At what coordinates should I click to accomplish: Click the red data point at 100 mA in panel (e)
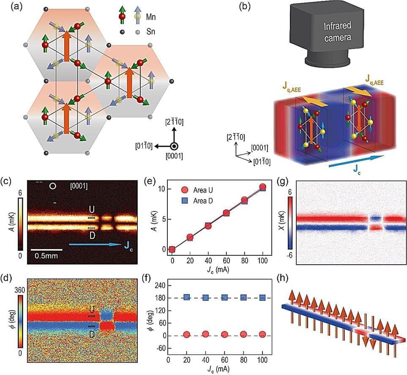262,187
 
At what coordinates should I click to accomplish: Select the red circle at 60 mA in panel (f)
226,335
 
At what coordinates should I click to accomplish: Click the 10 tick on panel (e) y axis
161,189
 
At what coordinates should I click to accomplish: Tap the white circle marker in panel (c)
52,186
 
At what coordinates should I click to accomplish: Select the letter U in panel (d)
91,309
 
